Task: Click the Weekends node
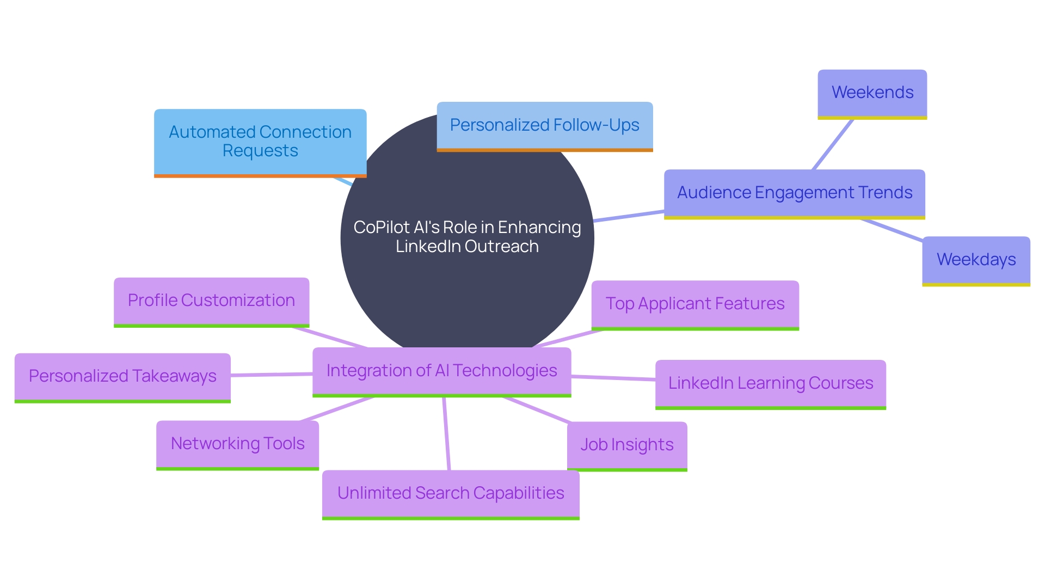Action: click(872, 93)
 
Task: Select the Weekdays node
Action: click(976, 260)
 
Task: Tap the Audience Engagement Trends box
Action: click(794, 193)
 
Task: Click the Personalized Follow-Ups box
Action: click(544, 126)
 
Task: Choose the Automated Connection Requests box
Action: click(260, 142)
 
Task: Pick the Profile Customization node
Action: click(211, 301)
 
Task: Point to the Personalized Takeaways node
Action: click(122, 377)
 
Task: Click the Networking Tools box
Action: click(237, 444)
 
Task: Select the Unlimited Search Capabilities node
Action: click(451, 494)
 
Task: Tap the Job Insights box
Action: click(627, 445)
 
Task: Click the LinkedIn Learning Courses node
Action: click(770, 384)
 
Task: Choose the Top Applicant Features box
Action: click(695, 304)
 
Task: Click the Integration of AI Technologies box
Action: click(441, 371)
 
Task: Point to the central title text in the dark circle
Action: click(467, 237)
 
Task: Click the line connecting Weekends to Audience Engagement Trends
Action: click(833, 144)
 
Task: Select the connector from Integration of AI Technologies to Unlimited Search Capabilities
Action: click(446, 434)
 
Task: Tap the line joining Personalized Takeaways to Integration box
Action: click(272, 375)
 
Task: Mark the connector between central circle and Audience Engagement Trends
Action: click(629, 216)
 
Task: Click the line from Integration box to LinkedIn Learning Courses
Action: click(613, 378)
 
